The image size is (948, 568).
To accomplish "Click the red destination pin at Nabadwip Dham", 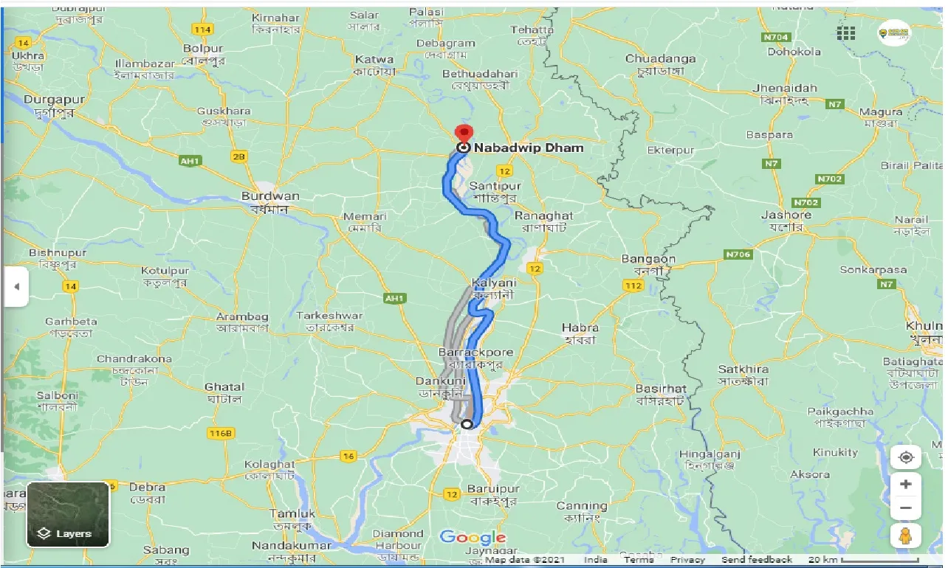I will click(x=464, y=134).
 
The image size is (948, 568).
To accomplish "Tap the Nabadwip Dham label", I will click(x=529, y=148).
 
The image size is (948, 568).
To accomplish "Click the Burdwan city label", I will click(x=270, y=196).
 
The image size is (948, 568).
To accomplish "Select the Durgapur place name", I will click(x=54, y=100).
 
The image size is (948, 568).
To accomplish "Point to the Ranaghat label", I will click(x=543, y=215).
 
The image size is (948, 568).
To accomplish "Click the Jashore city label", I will click(x=786, y=215).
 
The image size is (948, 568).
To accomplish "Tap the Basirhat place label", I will click(x=661, y=389).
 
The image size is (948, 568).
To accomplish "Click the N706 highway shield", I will click(x=738, y=254).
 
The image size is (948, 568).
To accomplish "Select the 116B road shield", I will click(x=220, y=432).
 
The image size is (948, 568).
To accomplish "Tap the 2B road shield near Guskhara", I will click(x=238, y=156).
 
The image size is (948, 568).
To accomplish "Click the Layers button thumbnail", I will click(x=68, y=514).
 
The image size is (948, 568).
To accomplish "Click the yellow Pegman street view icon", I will click(x=906, y=536).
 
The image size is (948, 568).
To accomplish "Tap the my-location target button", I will click(x=906, y=457).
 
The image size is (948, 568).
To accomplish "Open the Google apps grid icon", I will click(x=846, y=33).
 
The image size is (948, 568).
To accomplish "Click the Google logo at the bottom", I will click(x=473, y=537).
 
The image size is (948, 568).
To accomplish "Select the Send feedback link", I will click(x=757, y=560).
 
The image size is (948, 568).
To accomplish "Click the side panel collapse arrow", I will click(x=16, y=287).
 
